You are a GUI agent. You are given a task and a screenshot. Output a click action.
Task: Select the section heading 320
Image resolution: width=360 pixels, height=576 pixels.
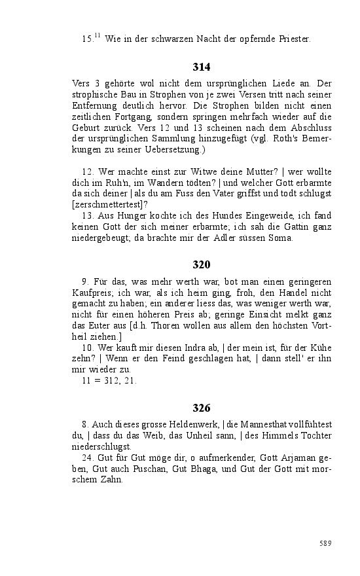tap(202, 264)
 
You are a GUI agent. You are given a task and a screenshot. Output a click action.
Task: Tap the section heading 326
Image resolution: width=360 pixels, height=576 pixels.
tap(202, 408)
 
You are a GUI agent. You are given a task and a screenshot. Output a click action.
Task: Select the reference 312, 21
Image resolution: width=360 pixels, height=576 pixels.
tap(118, 381)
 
